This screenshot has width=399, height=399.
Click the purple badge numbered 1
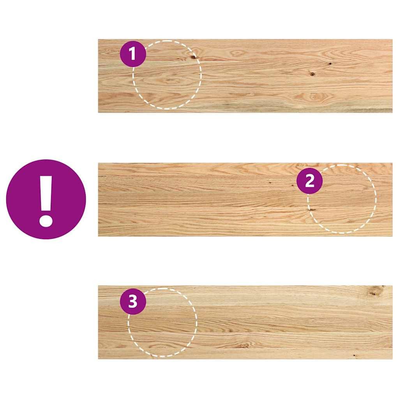click(133, 53)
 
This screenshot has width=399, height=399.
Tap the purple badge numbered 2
click(309, 181)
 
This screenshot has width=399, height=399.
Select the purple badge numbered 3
click(133, 302)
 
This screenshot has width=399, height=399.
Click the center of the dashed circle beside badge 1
click(167, 75)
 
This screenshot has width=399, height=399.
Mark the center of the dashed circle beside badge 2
click(342, 199)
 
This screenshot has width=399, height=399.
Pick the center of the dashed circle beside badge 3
click(162, 322)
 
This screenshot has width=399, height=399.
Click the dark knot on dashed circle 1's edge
click(193, 57)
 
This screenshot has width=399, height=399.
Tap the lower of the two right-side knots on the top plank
click(312, 74)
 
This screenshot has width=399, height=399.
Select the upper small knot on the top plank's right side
click(330, 64)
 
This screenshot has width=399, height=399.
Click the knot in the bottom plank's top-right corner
click(376, 290)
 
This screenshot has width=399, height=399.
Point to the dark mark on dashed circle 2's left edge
click(311, 210)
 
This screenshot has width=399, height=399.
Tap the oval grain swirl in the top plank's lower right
click(314, 96)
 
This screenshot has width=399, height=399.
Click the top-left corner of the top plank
click(98, 39)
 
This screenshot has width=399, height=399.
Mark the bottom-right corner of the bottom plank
click(392, 358)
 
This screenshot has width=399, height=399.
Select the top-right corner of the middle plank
click(392, 163)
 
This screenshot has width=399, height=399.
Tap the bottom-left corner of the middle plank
click(98, 236)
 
